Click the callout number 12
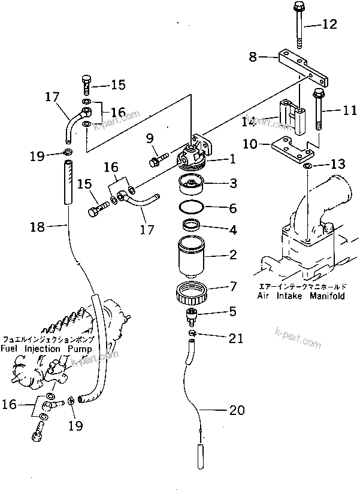(x=330, y=25)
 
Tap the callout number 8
(x=253, y=57)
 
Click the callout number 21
(x=236, y=338)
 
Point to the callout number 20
(x=237, y=411)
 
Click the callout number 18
(x=38, y=226)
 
